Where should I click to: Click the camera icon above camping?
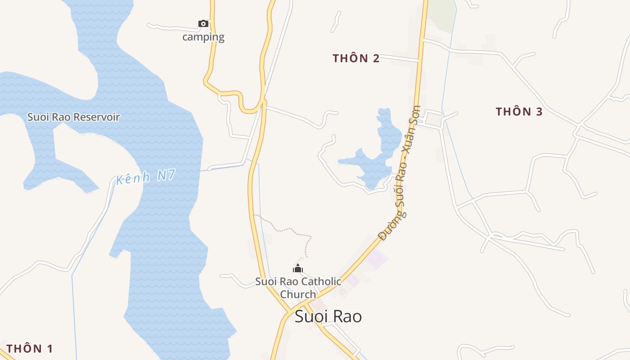pos(203,23)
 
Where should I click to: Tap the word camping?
pos(203,37)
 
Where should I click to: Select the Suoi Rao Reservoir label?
pos(73,117)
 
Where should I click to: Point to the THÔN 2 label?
pos(356,58)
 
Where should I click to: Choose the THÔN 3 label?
pos(519,112)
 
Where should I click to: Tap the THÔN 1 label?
pos(30,348)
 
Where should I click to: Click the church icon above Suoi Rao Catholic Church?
pos(297,269)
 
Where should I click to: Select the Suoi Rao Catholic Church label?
pos(298,288)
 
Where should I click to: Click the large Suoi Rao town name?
pos(328,316)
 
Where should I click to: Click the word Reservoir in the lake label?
pos(97,117)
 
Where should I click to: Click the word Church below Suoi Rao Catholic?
pos(298,294)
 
